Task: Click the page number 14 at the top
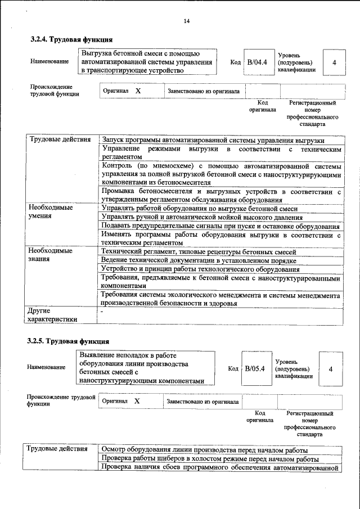[186, 21]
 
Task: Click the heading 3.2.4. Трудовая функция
[71, 40]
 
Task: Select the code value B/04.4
[257, 62]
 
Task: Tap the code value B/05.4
[255, 368]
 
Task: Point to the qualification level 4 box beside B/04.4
[334, 62]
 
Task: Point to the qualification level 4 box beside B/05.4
[331, 369]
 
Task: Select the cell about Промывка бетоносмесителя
[221, 196]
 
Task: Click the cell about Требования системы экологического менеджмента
[221, 299]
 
